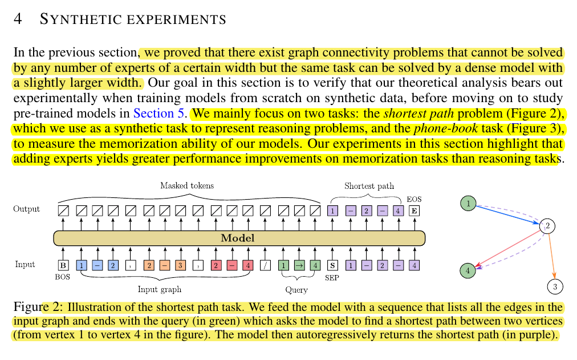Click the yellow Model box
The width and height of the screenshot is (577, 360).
(x=239, y=238)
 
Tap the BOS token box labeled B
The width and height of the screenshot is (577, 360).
(x=63, y=265)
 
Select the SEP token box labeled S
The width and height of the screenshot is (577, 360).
(x=331, y=265)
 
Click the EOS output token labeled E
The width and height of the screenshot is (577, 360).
(x=415, y=211)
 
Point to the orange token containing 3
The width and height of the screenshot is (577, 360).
(x=179, y=265)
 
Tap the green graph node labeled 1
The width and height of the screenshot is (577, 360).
(x=468, y=203)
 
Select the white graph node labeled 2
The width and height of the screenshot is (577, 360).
(x=547, y=226)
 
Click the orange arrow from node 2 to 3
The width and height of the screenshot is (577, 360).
(x=551, y=257)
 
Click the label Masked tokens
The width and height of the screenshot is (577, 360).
(x=186, y=185)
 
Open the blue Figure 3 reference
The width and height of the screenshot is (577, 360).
(x=537, y=127)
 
